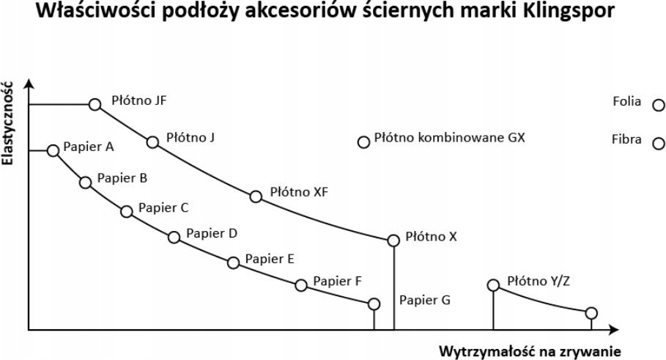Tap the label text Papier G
[425, 300]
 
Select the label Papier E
[270, 259]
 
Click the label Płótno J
[190, 137]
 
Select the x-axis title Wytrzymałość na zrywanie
[530, 351]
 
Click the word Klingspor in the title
[569, 10]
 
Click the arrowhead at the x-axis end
[614, 329]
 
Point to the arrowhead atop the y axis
[29, 82]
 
